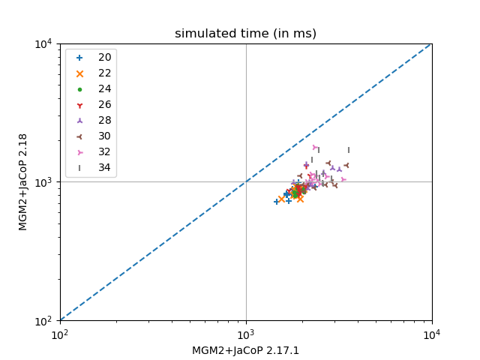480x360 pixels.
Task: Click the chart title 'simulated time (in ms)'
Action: pos(245,34)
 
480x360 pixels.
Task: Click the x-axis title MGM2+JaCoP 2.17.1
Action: pos(245,350)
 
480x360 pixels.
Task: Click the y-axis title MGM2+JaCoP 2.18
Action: pos(23,181)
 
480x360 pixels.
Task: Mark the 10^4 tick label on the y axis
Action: pos(42,43)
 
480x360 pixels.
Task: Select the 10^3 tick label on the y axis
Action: pos(42,182)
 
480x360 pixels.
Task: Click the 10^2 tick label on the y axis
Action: pos(42,321)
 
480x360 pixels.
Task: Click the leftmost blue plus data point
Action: pos(276,202)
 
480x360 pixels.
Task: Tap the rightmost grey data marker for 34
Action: pos(348,150)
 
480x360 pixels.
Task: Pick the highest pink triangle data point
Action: pos(315,147)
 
